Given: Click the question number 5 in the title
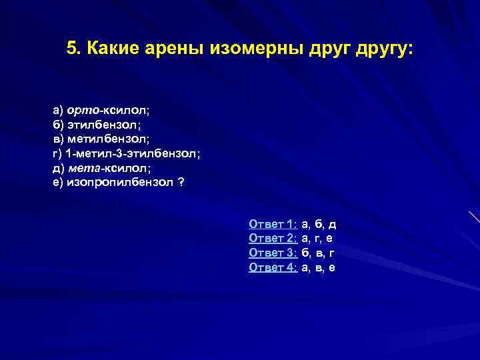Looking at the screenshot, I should click(72, 49).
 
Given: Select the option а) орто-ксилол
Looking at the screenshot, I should click(106, 109).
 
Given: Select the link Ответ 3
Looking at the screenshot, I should click(273, 253).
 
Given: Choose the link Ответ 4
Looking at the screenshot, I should click(273, 268).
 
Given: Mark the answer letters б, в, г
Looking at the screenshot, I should click(318, 253).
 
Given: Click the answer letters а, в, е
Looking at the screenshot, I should click(318, 268).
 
